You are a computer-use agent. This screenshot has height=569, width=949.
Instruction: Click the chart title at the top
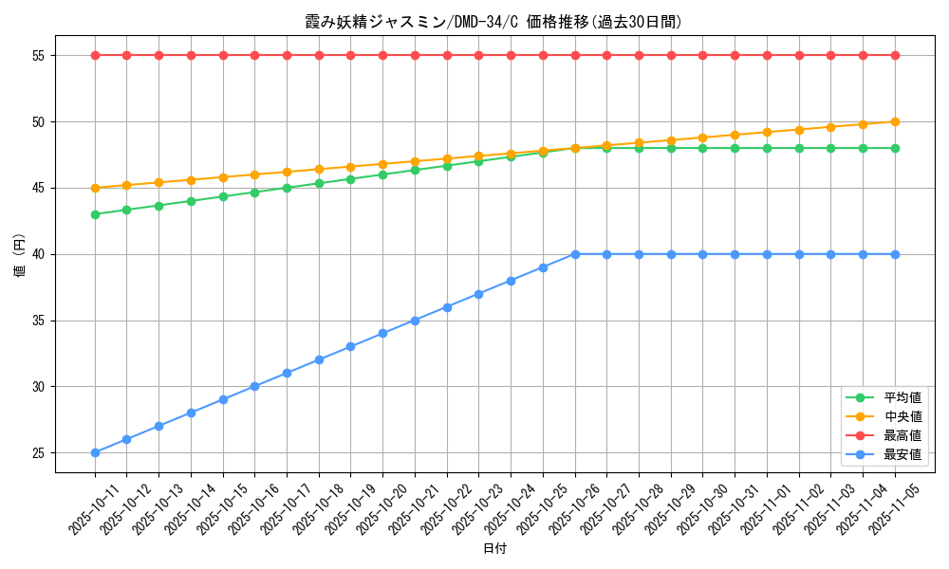tap(493, 22)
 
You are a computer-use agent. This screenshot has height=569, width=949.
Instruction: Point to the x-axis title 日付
tap(494, 549)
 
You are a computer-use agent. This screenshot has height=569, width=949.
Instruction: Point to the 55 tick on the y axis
tap(40, 55)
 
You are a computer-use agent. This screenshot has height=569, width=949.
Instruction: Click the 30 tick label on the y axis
tap(40, 387)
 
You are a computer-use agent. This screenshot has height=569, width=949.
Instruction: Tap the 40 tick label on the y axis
tap(40, 254)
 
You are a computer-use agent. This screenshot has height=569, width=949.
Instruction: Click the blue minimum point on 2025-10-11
tap(95, 452)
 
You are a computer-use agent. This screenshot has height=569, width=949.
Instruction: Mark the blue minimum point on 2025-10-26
tap(575, 254)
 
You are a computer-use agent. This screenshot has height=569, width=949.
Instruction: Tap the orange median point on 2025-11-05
tap(895, 121)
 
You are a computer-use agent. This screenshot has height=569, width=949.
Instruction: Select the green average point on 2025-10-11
tap(95, 214)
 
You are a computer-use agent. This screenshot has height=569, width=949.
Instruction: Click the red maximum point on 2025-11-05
tap(895, 55)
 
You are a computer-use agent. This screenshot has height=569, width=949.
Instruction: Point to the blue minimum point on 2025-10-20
tap(382, 334)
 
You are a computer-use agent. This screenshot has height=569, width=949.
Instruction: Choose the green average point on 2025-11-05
tap(895, 148)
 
